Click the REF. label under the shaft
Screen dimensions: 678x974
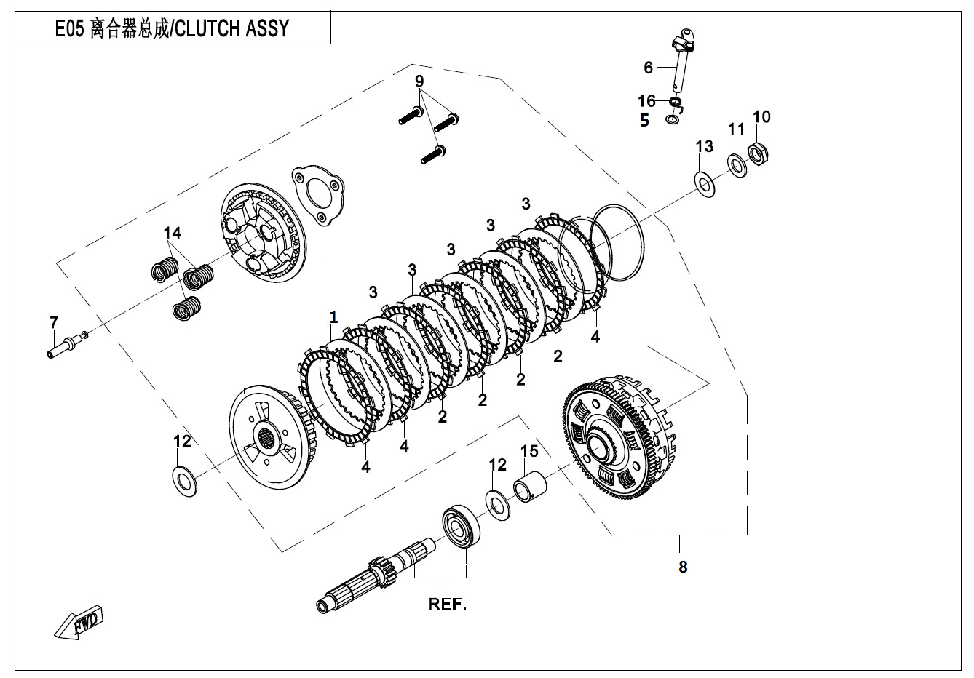[447, 605]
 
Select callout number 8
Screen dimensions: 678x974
[682, 567]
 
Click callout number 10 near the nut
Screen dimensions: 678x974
[761, 116]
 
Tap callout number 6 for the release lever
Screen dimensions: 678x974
[648, 68]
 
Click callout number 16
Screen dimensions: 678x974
[646, 102]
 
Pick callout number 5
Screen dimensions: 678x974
[644, 121]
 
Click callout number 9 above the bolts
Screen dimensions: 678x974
[419, 80]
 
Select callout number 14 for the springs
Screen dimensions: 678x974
[172, 233]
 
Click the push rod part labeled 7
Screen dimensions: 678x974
[61, 343]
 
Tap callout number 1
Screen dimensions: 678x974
[333, 317]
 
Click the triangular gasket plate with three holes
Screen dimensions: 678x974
[317, 191]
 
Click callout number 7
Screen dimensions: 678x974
[53, 322]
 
